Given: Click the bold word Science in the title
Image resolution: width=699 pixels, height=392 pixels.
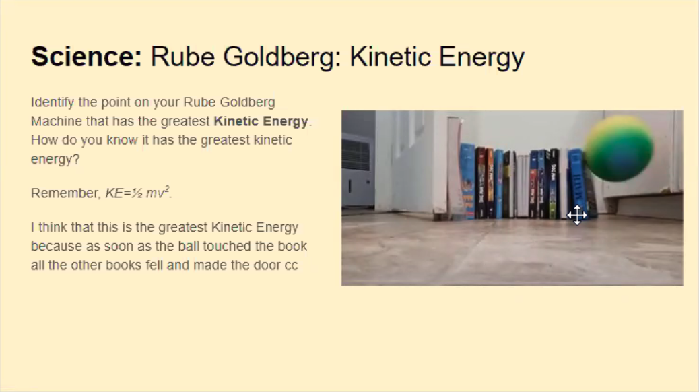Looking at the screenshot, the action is tap(86, 57).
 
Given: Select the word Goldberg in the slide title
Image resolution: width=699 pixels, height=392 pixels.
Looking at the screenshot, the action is tap(282, 57).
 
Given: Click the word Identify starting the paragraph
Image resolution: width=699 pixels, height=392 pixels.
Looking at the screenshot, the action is tap(53, 102).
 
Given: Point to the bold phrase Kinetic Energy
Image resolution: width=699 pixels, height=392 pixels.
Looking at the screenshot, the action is tap(261, 121).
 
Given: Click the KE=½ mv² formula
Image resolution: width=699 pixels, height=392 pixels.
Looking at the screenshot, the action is tap(138, 193).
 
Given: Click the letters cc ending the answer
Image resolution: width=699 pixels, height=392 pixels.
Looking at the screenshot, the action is tap(291, 266).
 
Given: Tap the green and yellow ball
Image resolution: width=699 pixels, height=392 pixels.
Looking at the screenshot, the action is tap(619, 149).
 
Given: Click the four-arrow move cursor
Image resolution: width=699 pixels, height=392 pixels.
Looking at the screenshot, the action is tap(577, 215).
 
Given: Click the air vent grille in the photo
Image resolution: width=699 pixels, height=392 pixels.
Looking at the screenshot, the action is tap(356, 154).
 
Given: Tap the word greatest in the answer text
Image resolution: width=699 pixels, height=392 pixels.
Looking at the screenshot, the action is tap(183, 228).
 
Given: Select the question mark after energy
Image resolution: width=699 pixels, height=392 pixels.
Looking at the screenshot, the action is tap(76, 159).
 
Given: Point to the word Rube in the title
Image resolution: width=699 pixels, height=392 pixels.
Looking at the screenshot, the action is tap(182, 57).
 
